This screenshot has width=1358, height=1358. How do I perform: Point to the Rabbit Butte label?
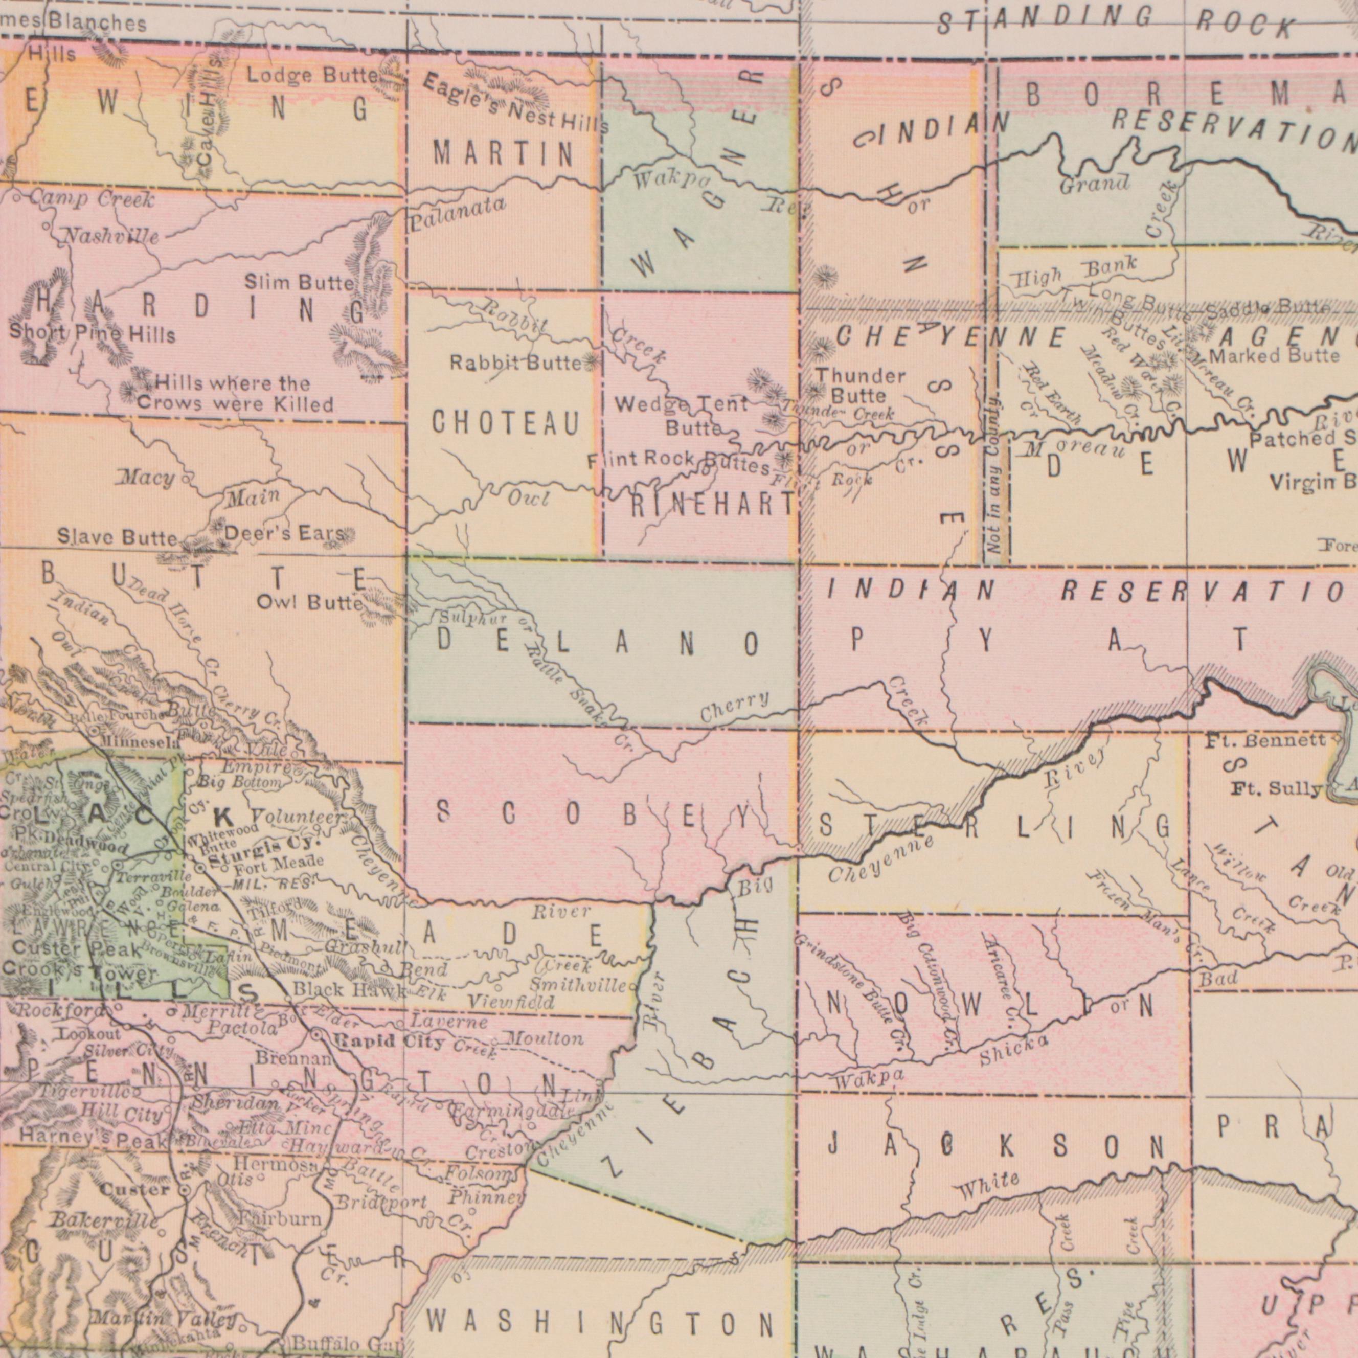click(516, 364)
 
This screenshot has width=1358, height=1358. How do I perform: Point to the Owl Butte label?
click(310, 602)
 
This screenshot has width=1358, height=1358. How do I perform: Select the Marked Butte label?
click(1274, 356)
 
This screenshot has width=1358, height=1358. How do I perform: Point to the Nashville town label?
click(112, 236)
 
